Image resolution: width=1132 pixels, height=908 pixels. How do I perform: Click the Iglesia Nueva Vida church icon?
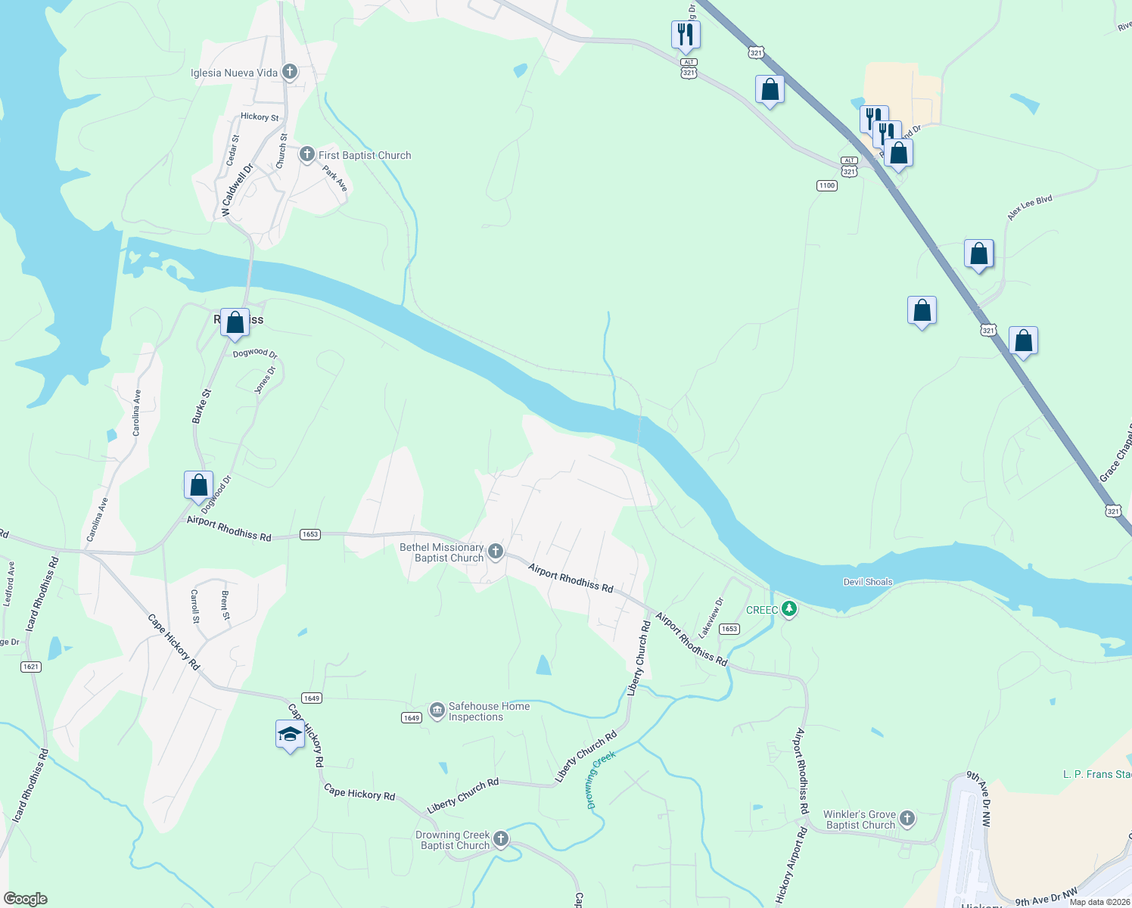coord(289,73)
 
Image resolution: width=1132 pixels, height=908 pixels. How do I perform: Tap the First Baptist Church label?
coord(365,155)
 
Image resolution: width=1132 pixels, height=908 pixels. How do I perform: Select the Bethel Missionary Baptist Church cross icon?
coord(496,551)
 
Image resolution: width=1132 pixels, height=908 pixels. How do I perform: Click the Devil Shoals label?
coord(868,582)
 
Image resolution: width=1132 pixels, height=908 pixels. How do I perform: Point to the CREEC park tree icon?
coord(789,609)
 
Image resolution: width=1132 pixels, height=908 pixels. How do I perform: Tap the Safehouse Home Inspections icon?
coord(437,711)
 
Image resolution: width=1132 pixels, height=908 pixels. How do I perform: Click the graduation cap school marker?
coord(290,734)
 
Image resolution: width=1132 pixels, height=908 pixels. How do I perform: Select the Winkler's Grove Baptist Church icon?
coord(907,819)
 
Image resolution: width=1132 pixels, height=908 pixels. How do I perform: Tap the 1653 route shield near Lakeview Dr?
coord(729,629)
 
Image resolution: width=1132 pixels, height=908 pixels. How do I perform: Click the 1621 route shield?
coord(30,667)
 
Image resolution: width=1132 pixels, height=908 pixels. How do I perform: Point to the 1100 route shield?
coord(826,185)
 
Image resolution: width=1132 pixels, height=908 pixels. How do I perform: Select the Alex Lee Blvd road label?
coord(1029,208)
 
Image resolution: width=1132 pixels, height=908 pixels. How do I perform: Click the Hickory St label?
coord(260,117)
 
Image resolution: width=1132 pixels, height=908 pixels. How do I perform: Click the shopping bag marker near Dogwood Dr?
coord(198,484)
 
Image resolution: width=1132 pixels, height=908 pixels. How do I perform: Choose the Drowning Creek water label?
coord(602,780)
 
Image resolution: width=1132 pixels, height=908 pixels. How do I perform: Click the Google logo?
coord(26,898)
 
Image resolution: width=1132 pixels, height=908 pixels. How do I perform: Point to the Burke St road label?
coord(201,406)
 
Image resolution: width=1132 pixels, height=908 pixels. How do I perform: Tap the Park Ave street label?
coord(335,179)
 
